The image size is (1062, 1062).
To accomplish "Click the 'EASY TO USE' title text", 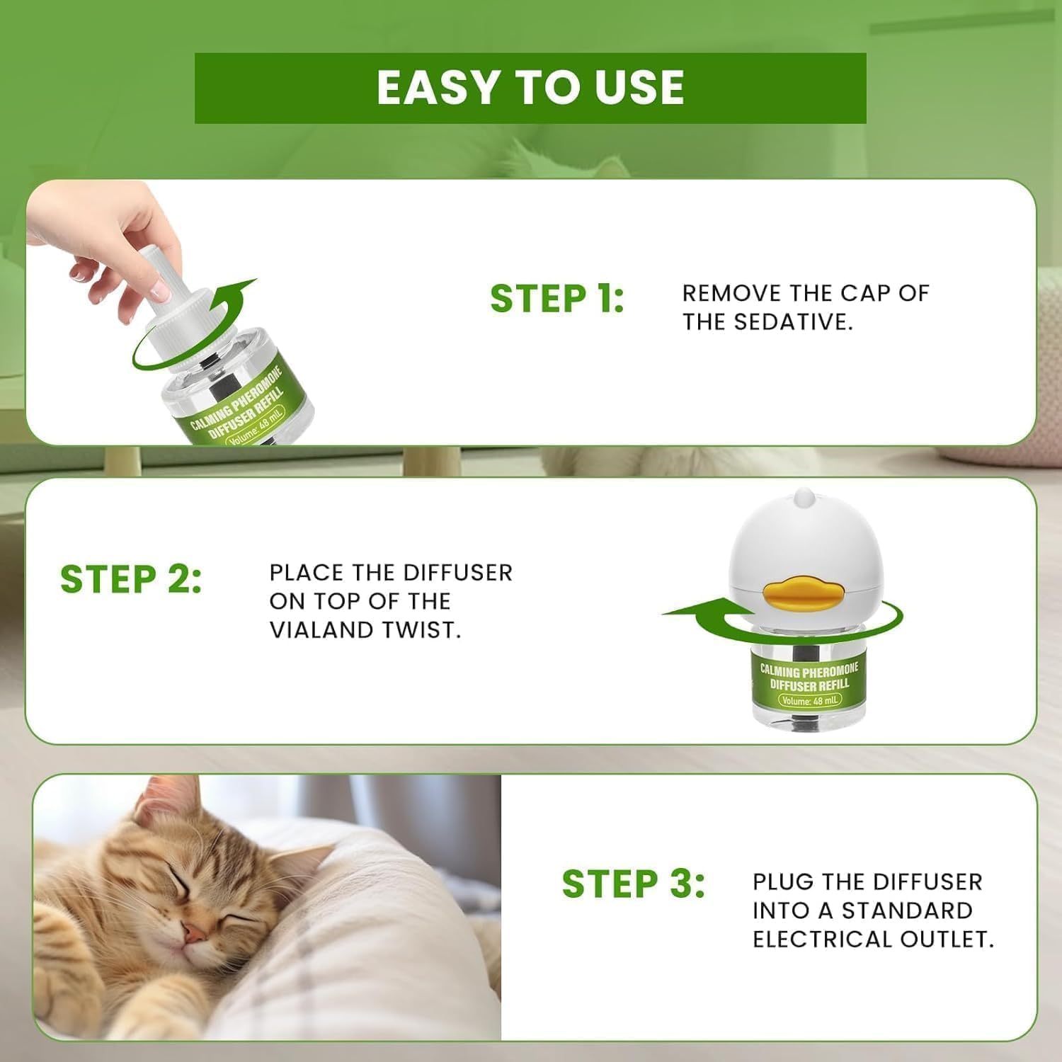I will (x=530, y=88).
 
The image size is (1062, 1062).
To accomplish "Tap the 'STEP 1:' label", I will (x=556, y=299).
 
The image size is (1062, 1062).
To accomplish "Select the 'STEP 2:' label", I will (x=131, y=579).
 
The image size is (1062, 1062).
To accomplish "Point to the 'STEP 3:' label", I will (x=633, y=884).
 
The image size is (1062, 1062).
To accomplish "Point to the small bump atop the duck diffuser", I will (x=804, y=498).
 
